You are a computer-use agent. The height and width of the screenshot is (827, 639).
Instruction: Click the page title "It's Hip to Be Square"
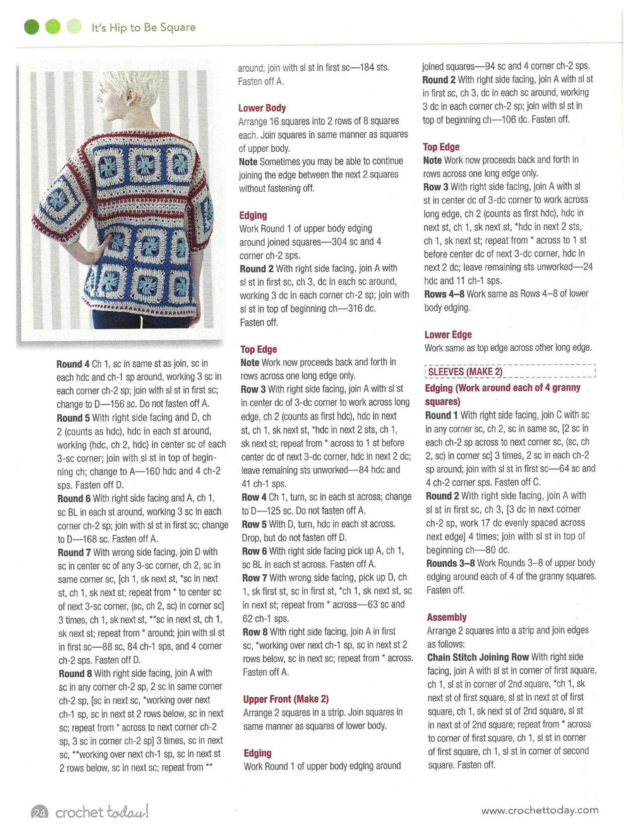[144, 28]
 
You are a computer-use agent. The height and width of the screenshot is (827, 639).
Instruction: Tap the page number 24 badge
[39, 812]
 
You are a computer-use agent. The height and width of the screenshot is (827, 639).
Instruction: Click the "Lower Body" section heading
[262, 108]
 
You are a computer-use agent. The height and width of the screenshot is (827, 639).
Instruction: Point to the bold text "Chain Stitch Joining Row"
[478, 657]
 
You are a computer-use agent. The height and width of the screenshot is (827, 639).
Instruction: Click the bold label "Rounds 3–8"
[450, 563]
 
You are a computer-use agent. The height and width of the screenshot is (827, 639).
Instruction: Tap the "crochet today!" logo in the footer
[101, 812]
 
